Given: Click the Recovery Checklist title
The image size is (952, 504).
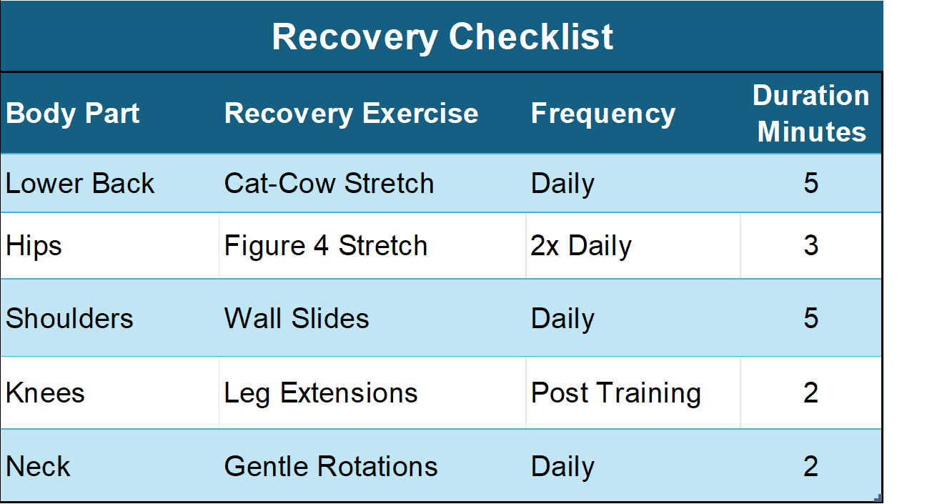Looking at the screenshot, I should coord(442,36).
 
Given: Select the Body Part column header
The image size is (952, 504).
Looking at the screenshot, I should coord(73,114).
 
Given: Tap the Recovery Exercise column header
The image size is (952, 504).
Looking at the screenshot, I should coord(351,114).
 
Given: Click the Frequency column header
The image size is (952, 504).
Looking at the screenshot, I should coord(603,114).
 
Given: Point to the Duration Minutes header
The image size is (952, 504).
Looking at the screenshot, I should coord(810,114).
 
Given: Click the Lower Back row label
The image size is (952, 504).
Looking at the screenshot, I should coord(80,184).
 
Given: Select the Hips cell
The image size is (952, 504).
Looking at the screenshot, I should coord(34,246).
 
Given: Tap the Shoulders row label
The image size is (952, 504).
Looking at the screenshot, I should coord(69,318).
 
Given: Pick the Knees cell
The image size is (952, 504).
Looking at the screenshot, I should coord(45,393).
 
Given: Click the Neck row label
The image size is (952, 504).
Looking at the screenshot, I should coord(38,467).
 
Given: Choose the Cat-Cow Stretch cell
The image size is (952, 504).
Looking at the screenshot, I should coord(329,184).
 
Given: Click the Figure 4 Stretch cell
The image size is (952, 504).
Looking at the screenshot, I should coord(325,246).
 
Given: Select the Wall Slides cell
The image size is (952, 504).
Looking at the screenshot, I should coord(297,318).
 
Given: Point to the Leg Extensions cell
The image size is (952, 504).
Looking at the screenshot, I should coord(321,393).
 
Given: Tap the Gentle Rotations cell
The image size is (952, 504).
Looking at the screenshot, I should coord(331,467).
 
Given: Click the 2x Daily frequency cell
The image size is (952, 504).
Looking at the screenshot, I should coord(581,246).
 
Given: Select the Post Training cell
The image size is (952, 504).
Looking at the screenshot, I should coord(615,393).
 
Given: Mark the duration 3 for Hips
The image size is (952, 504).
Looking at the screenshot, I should coord(810,246).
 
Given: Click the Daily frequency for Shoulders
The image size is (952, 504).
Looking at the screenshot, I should coord(562,318).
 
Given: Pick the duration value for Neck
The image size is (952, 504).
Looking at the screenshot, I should coord(810,467).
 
